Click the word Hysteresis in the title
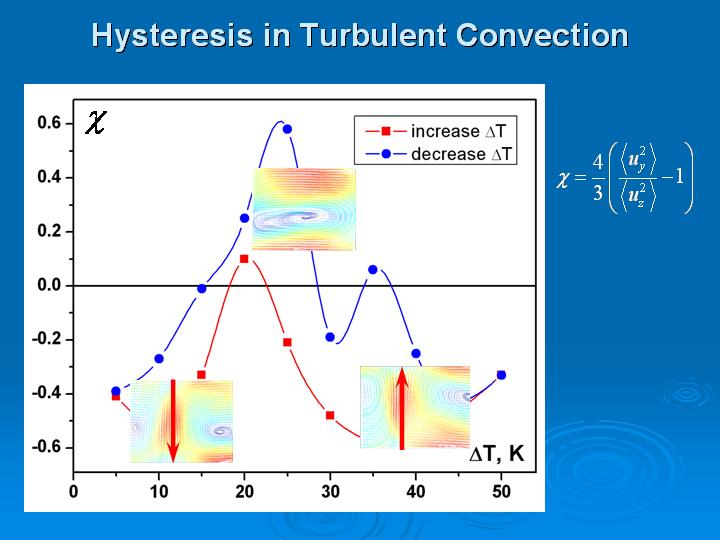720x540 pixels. tap(173, 35)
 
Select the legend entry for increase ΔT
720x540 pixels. tap(435, 131)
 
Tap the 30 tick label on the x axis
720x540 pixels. tap(330, 492)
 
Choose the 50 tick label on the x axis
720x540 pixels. tap(501, 492)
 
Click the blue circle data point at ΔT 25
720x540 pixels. tap(287, 129)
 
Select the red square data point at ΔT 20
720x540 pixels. tap(244, 259)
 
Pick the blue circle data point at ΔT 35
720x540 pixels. tap(373, 270)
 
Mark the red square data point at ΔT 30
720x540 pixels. tap(330, 416)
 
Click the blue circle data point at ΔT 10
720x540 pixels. tap(159, 359)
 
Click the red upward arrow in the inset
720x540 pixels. tap(402, 408)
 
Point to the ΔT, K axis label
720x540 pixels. tap(496, 454)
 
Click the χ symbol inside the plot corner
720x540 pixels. tap(96, 122)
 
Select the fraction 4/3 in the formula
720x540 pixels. tap(597, 178)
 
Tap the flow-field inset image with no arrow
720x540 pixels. tap(304, 209)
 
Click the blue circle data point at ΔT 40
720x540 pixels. tap(416, 354)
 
